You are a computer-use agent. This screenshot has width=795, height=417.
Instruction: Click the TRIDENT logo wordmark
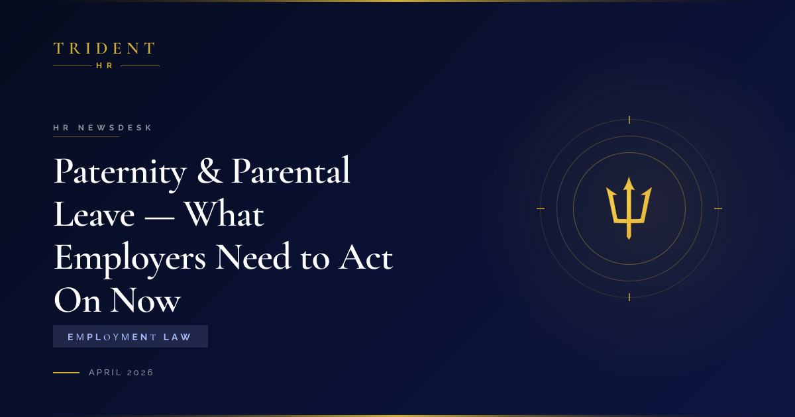[104, 48]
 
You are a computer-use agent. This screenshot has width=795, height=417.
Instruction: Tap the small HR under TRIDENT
[105, 66]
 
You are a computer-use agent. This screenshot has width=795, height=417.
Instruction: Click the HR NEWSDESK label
[103, 128]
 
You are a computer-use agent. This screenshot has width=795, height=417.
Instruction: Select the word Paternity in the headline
[120, 172]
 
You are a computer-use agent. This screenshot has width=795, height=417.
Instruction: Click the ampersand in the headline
[210, 171]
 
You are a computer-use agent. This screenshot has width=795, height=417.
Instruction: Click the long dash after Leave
[160, 216]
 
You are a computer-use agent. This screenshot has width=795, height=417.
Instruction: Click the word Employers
[130, 258]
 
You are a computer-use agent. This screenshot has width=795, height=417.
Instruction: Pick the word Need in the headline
[253, 256]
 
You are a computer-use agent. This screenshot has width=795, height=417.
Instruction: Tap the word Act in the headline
[366, 257]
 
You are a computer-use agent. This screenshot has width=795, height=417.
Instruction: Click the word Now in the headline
[146, 301]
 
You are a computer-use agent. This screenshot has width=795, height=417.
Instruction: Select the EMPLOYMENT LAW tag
[131, 336]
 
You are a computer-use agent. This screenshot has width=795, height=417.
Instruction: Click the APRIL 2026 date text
[121, 372]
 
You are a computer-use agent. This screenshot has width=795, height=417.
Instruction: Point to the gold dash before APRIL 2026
[66, 372]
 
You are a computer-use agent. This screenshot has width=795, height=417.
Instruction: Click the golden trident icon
[629, 208]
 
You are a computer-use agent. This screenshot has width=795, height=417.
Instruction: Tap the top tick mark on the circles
[629, 120]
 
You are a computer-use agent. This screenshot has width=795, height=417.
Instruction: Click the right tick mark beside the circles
[718, 208]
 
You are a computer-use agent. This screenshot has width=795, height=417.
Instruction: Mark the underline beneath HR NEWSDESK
[86, 136]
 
